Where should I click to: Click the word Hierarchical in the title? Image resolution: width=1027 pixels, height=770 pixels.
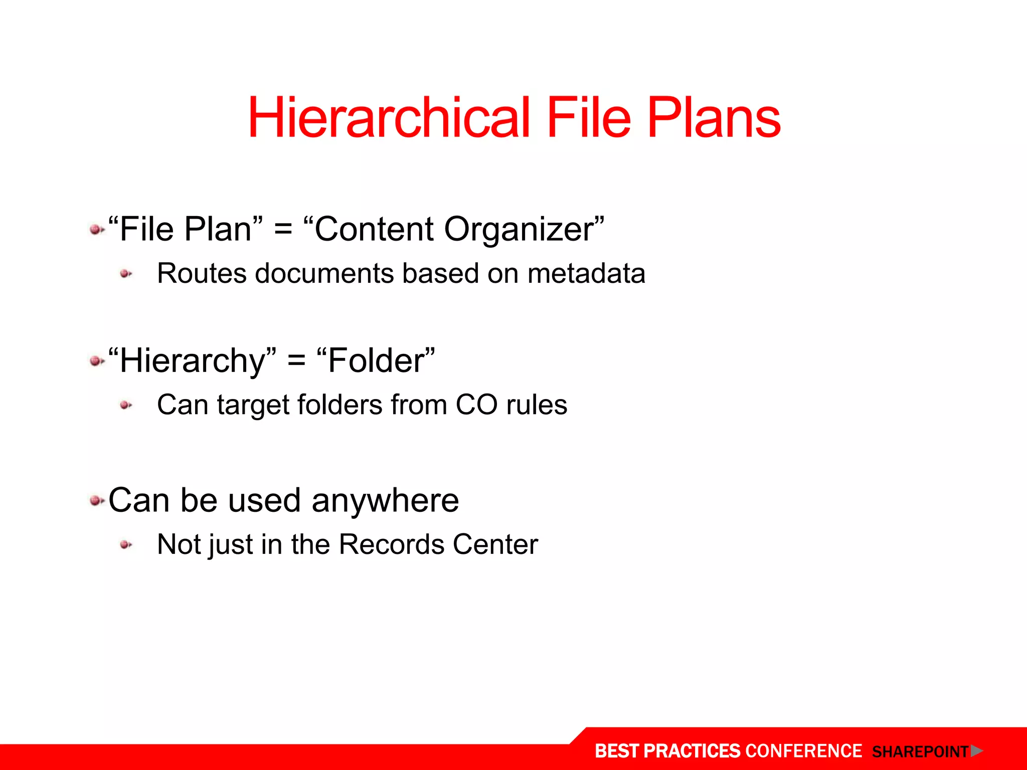click(389, 118)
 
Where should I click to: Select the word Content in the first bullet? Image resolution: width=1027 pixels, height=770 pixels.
click(374, 229)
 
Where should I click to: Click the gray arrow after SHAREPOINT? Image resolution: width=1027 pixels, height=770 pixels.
click(976, 751)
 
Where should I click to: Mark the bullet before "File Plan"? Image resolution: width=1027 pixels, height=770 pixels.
click(96, 230)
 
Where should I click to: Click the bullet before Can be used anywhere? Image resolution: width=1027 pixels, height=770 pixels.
click(96, 500)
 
